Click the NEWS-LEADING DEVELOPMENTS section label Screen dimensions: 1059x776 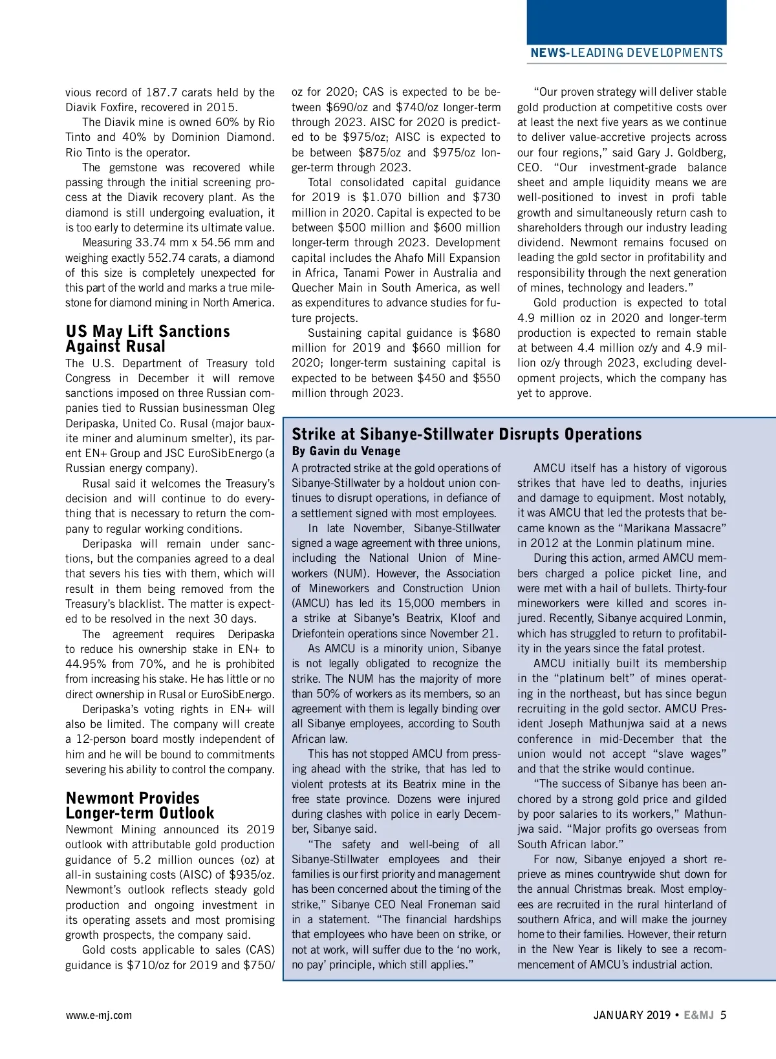[626, 53]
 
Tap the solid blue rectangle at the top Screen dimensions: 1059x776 [626, 21]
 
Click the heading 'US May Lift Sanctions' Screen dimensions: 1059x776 [147, 332]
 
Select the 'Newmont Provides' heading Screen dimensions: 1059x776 [133, 798]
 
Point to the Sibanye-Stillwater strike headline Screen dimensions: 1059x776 [466, 434]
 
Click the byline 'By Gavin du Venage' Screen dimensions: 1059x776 [346, 451]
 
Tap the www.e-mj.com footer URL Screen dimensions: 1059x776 [98, 1015]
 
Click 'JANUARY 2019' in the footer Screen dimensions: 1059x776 [632, 1015]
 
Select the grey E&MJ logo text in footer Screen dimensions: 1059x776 [698, 1015]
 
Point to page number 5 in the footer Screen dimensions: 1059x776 [723, 1015]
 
